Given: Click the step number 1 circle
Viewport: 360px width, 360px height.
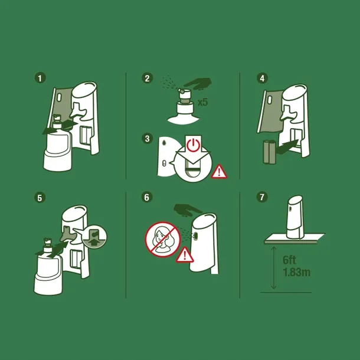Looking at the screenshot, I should (40, 78).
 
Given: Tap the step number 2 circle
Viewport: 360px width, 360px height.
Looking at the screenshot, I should (148, 78).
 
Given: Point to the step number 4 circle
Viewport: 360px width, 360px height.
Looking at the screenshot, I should (262, 78).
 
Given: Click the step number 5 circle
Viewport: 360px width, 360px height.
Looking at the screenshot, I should (40, 198).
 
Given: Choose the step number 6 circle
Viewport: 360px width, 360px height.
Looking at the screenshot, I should (148, 198).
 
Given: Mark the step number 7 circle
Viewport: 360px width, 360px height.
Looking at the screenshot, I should (262, 198).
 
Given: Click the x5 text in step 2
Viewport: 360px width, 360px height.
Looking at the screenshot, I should (202, 102).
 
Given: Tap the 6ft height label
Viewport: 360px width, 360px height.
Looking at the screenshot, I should (290, 260).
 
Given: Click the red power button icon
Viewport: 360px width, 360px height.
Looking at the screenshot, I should (194, 145).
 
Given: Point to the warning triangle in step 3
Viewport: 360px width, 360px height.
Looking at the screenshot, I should (220, 172).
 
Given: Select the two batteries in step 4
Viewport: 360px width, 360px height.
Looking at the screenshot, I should (269, 153).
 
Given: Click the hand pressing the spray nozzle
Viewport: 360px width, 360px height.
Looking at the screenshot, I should (197, 83).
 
